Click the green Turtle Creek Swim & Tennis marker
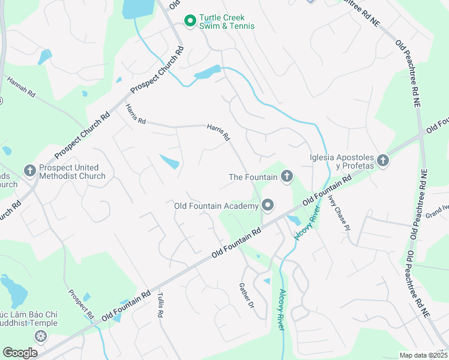coord(190,22)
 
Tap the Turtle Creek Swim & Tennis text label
coord(227,22)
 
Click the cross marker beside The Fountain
coord(287,176)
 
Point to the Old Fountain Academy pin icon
coord(268,206)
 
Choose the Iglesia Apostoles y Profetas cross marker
coord(383,161)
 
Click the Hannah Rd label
coord(22,88)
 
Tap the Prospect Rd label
coord(81,304)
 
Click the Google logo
coord(20,353)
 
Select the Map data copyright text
coord(423,355)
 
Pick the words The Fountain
coord(253,177)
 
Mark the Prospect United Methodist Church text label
coord(73,172)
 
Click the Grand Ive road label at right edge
coord(437,211)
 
